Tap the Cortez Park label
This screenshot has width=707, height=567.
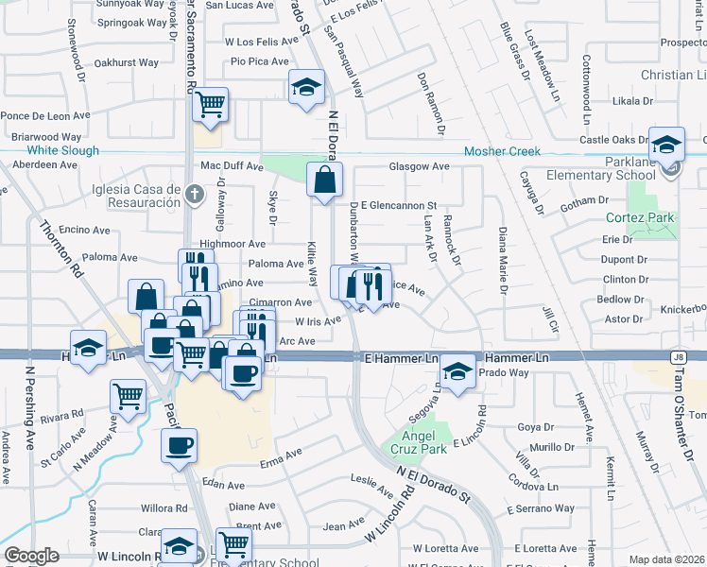point(641,217)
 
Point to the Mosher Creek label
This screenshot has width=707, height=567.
point(501,151)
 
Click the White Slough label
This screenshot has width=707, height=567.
point(62,151)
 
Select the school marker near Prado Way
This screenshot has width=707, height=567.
point(458,371)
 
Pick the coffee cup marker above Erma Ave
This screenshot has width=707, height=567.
point(179,445)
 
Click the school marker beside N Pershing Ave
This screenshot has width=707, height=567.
point(88,347)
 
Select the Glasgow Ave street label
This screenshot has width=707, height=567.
point(419,166)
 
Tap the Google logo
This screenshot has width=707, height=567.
point(31,556)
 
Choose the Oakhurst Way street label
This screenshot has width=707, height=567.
point(127,62)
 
